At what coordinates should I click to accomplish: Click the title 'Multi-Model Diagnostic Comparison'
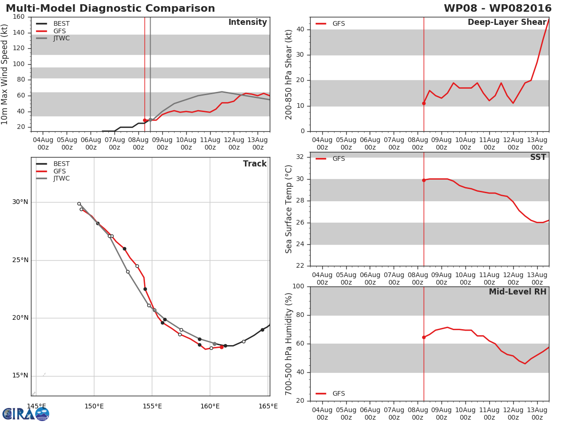pyautogui.click(x=110, y=8)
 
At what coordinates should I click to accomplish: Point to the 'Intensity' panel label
pyautogui.click(x=247, y=23)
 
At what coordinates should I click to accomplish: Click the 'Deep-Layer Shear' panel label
pyautogui.click(x=507, y=23)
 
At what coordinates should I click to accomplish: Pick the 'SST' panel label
pyautogui.click(x=538, y=158)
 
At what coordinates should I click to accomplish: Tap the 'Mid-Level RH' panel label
pyautogui.click(x=517, y=292)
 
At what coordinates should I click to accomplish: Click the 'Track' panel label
pyautogui.click(x=254, y=164)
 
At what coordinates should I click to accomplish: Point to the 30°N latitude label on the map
pyautogui.click(x=20, y=202)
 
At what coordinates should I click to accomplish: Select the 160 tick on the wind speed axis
pyautogui.click(x=19, y=17)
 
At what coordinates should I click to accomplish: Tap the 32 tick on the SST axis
pyautogui.click(x=300, y=157)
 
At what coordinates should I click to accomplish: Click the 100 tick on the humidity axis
pyautogui.click(x=298, y=286)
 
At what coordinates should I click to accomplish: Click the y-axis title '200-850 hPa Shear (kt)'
pyautogui.click(x=289, y=74)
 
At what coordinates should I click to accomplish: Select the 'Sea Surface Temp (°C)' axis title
pyautogui.click(x=289, y=209)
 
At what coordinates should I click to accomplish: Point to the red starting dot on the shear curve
pyautogui.click(x=424, y=103)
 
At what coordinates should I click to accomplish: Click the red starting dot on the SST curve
pyautogui.click(x=424, y=180)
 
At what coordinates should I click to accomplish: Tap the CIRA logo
pyautogui.click(x=26, y=414)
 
